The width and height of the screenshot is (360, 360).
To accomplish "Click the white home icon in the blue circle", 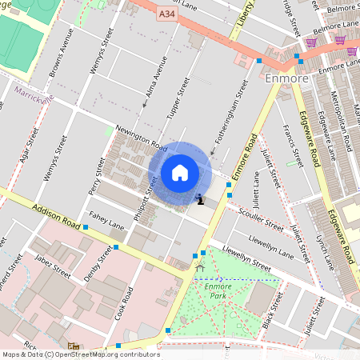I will [x=180, y=173].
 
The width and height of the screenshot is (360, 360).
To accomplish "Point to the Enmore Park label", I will [x=217, y=290].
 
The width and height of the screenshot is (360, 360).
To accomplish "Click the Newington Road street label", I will [x=140, y=137].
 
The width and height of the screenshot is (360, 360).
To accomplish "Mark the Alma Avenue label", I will [x=153, y=86].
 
